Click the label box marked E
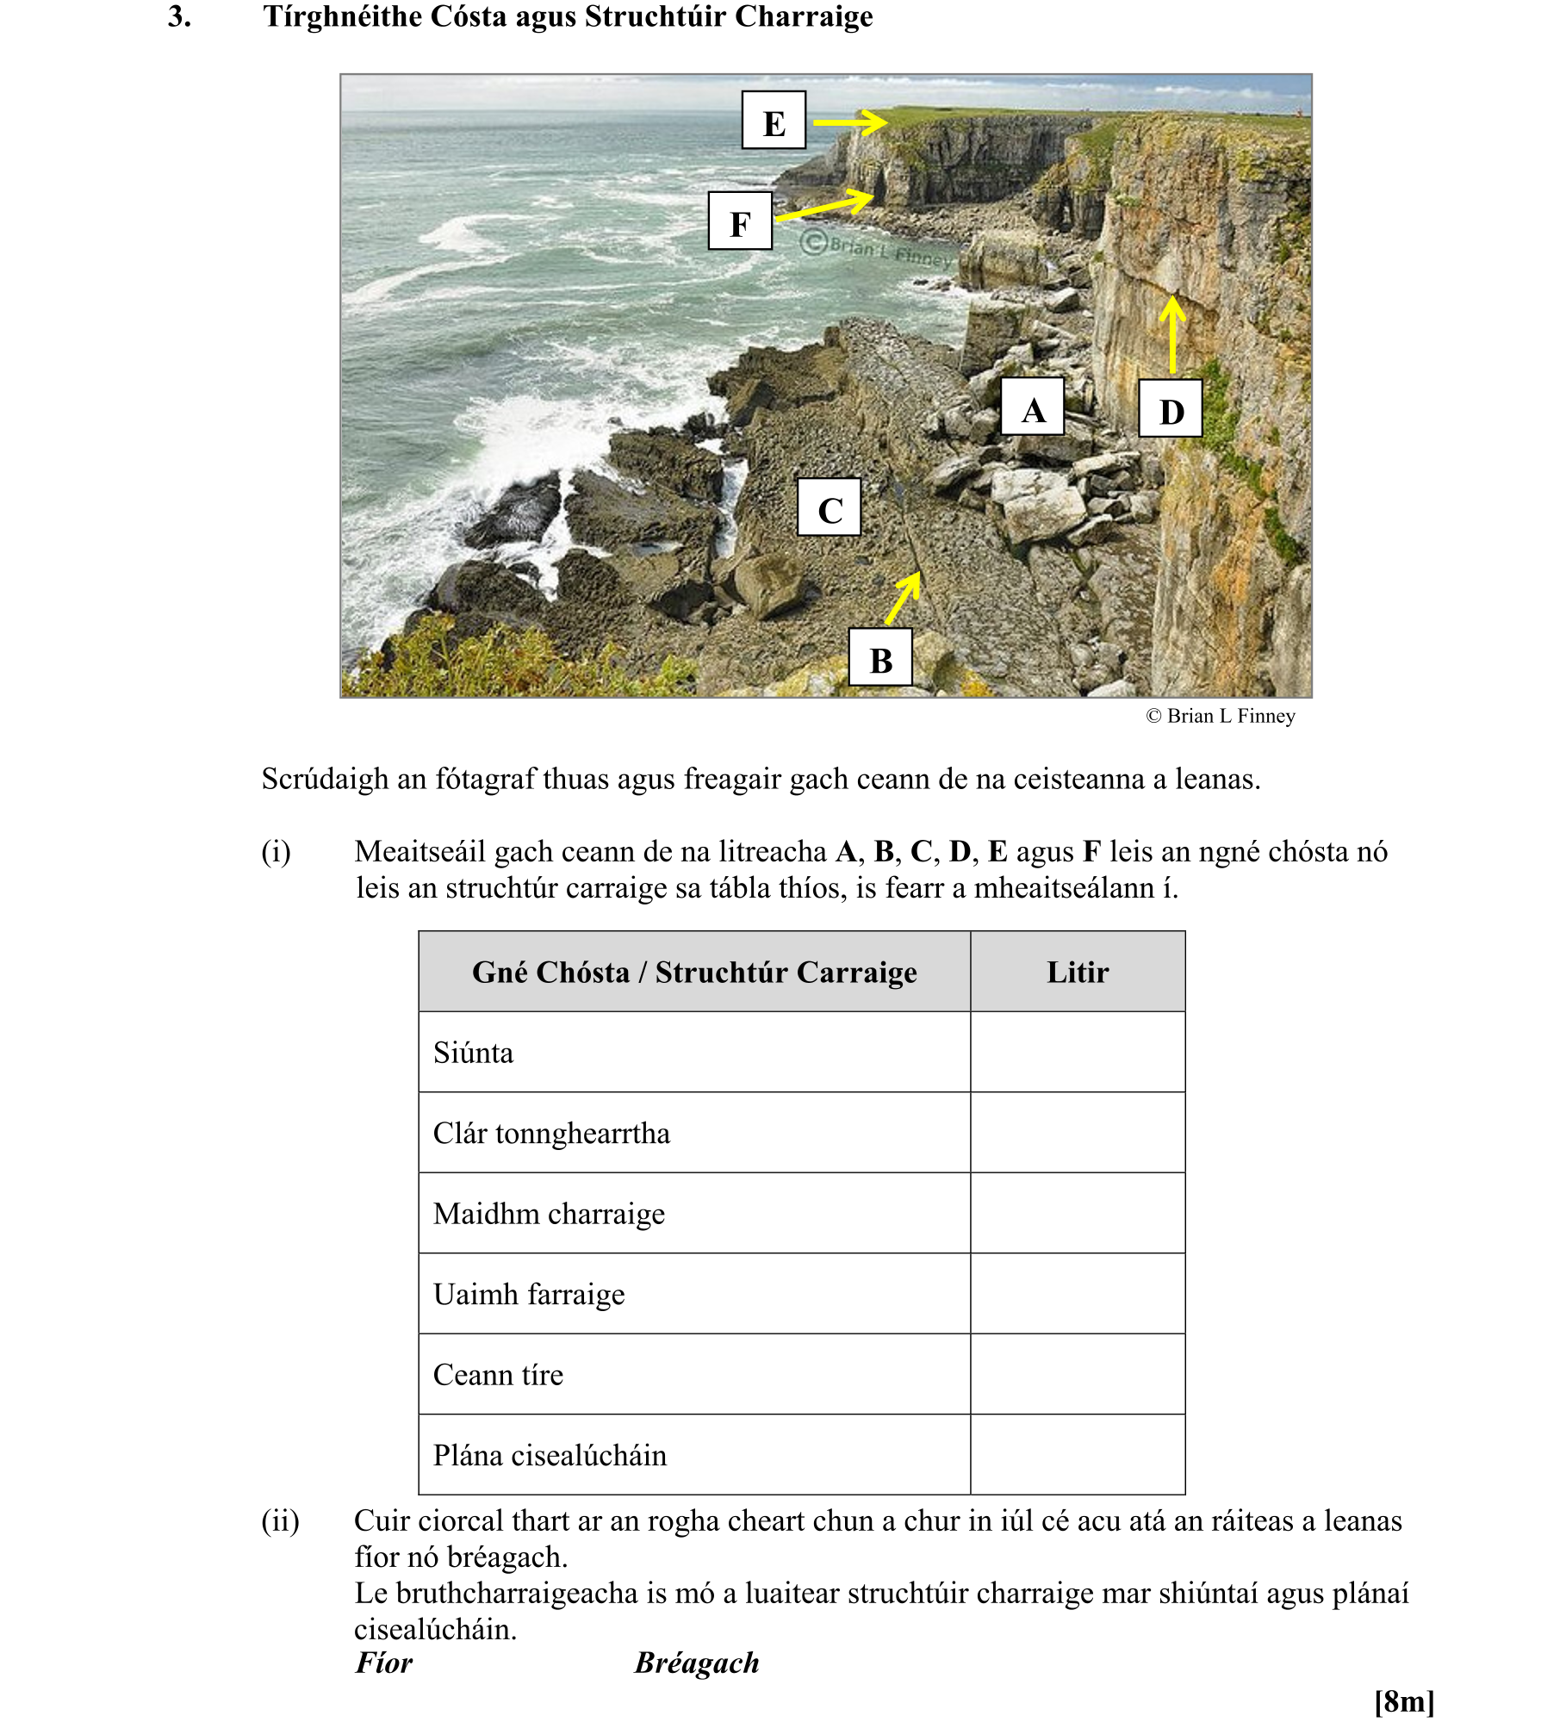pos(774,121)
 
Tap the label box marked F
pos(739,221)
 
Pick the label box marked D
pos(1170,408)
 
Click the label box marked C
pos(829,507)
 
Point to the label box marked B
pos(880,657)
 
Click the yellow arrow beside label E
pos(850,122)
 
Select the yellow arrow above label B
pos(903,599)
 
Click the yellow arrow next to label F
pos(825,206)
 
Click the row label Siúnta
pos(473,1053)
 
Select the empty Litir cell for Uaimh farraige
pos(1077,1294)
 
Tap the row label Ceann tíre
pos(498,1375)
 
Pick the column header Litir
pos(1077,972)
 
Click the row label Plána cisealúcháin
pos(550,1455)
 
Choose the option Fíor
pos(384,1662)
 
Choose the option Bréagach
pos(697,1662)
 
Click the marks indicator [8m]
pos(1404,1701)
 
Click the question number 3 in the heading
pos(179,16)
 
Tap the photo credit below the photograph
pos(1221,716)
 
